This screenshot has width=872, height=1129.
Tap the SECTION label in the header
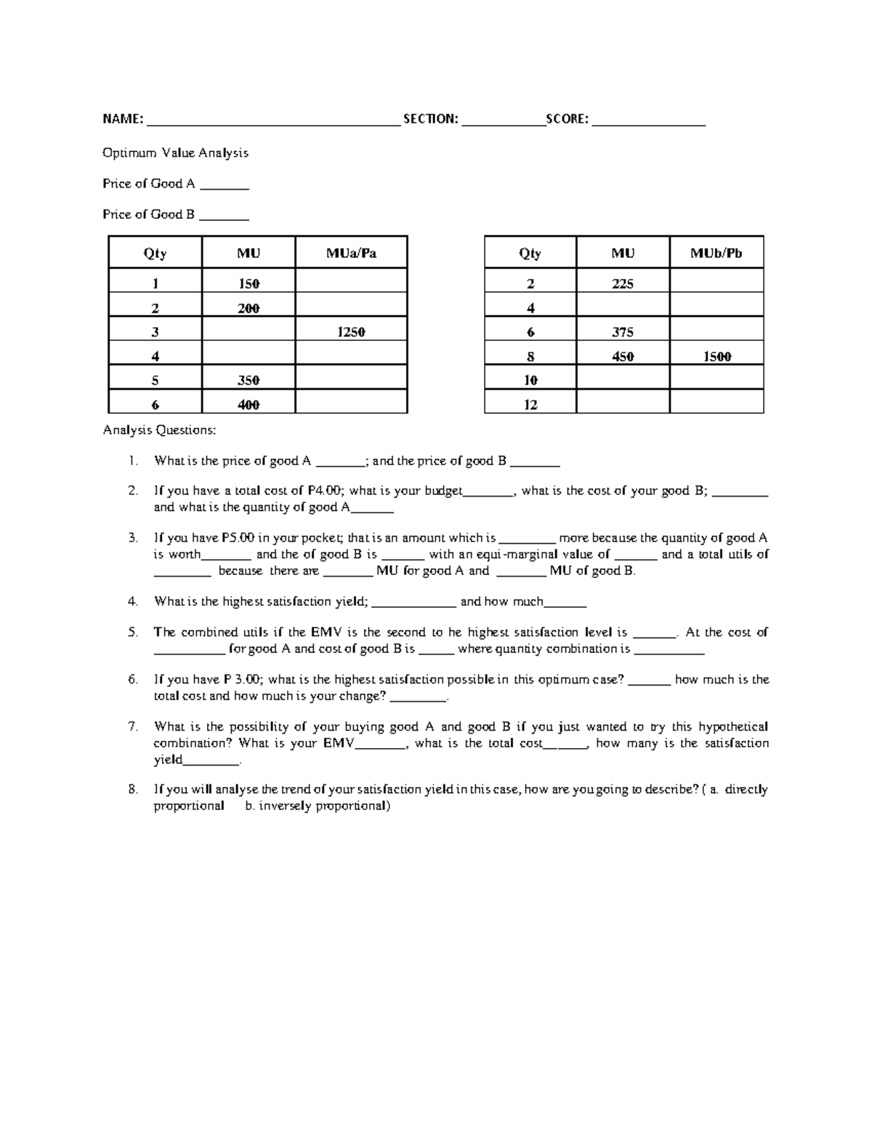pos(430,119)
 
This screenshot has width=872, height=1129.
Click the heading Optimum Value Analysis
pos(175,153)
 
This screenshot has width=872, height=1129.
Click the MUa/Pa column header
pos(351,253)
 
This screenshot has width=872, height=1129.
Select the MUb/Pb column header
pos(716,253)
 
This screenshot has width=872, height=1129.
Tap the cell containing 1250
pos(351,332)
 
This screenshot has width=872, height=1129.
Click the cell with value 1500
pos(716,356)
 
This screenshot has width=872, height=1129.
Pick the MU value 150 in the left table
pos(249,284)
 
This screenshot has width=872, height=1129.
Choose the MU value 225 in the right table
pos(623,284)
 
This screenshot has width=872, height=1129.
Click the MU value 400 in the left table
pos(249,405)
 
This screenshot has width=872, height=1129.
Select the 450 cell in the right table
pos(623,356)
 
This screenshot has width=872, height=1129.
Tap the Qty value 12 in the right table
pos(530,405)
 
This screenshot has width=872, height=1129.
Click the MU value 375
pos(623,332)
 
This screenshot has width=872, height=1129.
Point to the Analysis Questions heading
pos(159,430)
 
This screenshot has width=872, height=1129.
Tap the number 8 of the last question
pos(132,790)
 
